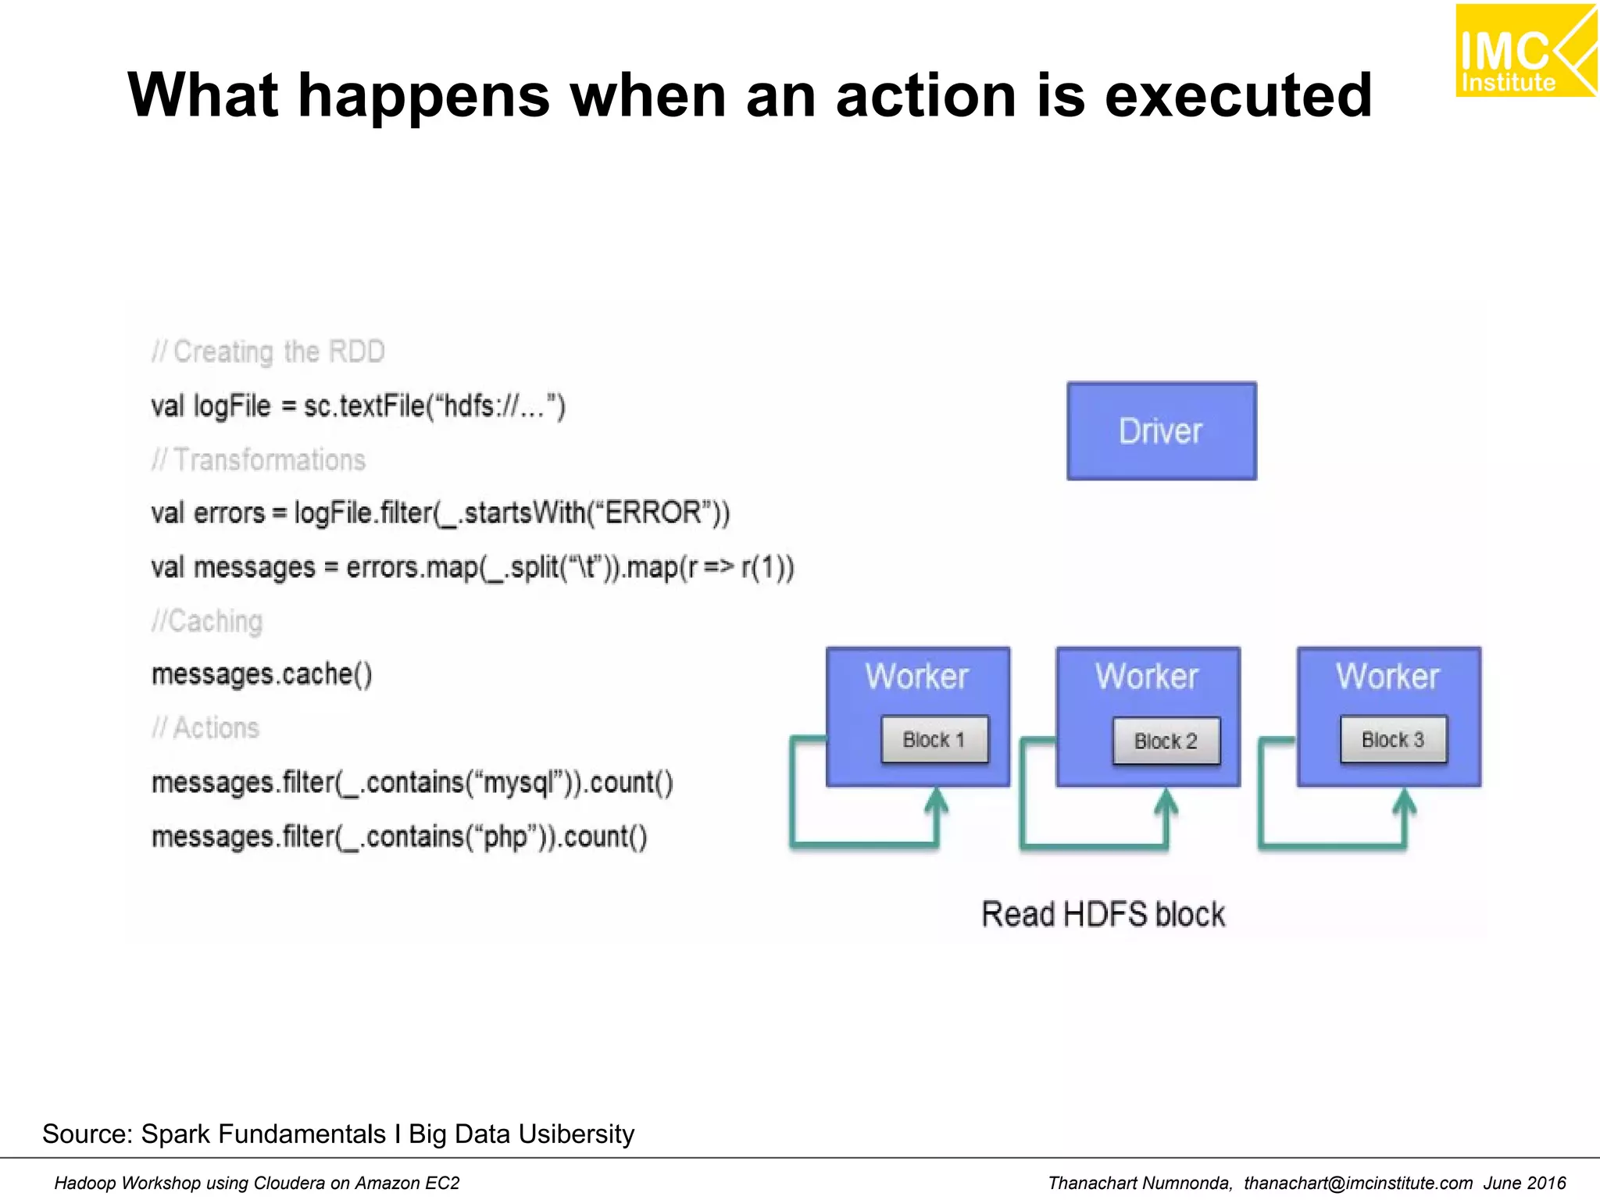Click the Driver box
click(x=1161, y=431)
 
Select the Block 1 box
click(x=934, y=739)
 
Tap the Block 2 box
click(x=1166, y=741)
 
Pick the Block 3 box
click(x=1393, y=739)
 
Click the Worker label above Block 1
click(x=916, y=677)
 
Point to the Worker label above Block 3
click(x=1387, y=677)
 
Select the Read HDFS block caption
click(x=1103, y=914)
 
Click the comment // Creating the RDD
click(x=268, y=352)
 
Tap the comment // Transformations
click(x=259, y=460)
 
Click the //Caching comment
click(x=207, y=622)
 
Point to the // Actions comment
click(x=205, y=728)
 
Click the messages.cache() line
click(x=262, y=674)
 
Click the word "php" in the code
click(x=509, y=837)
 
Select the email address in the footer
click(x=1358, y=1183)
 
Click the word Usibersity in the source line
click(x=576, y=1134)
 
